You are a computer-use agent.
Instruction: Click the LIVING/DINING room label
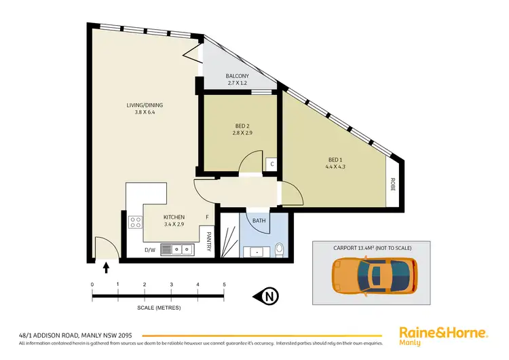tap(145, 105)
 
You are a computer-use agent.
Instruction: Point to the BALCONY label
tap(238, 76)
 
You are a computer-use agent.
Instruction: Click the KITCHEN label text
tap(174, 217)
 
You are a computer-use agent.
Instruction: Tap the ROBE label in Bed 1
tap(393, 183)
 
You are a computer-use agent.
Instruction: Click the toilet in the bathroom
tap(280, 251)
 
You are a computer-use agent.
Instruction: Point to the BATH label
tap(259, 221)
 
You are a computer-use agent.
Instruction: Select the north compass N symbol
tap(269, 296)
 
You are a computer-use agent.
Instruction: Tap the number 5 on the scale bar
tap(224, 285)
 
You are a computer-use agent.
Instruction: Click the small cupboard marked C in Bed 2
tap(271, 164)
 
